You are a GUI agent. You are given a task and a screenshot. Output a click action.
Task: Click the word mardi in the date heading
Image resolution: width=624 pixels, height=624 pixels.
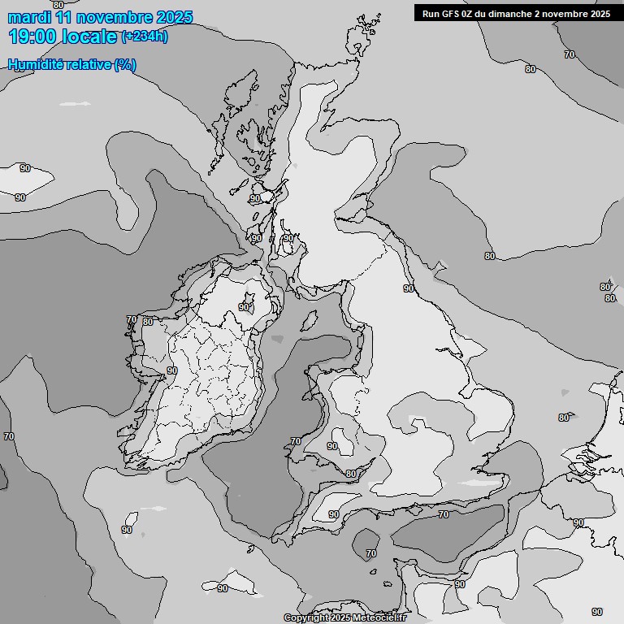(29, 17)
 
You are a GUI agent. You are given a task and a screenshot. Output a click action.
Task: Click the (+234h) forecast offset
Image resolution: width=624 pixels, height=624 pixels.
(145, 37)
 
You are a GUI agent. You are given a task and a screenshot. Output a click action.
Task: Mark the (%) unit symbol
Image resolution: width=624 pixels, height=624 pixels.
(125, 65)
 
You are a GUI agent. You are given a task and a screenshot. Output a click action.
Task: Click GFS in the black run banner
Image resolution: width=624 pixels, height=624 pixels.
(452, 13)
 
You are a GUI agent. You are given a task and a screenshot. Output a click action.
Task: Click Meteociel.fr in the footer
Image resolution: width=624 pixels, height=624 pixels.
(382, 617)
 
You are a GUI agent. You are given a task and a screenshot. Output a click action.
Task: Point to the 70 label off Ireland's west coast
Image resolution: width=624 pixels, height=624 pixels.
(132, 319)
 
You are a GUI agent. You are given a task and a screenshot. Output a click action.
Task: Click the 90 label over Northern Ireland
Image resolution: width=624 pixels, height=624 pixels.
(244, 307)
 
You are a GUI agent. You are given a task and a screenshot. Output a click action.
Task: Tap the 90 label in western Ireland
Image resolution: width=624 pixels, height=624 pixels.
(171, 370)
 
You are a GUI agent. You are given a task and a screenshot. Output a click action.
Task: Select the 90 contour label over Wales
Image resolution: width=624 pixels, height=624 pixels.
(332, 446)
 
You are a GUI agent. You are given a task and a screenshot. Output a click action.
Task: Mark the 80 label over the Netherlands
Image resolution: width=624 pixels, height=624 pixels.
(564, 418)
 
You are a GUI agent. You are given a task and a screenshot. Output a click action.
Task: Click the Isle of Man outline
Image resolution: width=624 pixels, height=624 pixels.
(308, 320)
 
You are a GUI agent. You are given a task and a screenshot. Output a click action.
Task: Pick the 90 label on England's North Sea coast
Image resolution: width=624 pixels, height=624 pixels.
(409, 288)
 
